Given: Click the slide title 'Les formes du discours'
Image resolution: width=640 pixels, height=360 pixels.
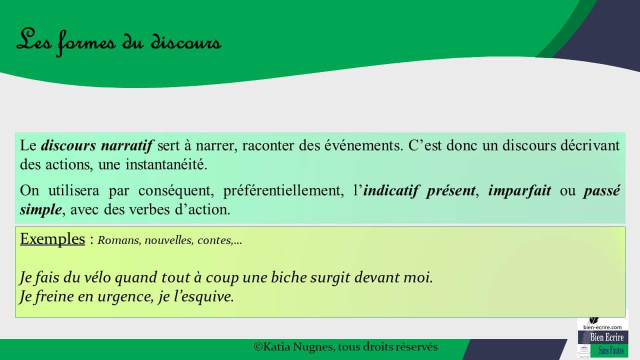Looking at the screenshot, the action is click(119, 42).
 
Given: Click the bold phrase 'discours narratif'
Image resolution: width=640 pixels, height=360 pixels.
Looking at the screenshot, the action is click(97, 145).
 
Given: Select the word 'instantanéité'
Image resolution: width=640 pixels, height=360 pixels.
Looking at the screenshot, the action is click(166, 164).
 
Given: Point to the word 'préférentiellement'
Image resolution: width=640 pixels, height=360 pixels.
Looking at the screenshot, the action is click(283, 190).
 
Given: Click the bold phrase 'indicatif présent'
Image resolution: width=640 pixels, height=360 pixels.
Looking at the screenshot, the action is click(419, 190).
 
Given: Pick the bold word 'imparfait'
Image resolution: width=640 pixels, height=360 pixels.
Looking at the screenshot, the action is click(519, 190).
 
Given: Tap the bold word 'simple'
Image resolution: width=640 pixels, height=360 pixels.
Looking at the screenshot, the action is click(41, 209).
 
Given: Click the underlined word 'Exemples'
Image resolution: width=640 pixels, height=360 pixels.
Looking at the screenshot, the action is click(52, 238).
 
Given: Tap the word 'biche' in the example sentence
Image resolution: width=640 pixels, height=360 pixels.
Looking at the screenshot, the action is click(288, 277).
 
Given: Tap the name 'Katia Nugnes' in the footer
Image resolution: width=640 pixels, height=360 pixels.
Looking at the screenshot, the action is click(297, 347).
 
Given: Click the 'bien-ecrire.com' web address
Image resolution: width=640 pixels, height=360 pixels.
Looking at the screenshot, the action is click(602, 327).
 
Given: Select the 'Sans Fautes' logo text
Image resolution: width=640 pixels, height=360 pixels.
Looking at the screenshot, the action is click(611, 350).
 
